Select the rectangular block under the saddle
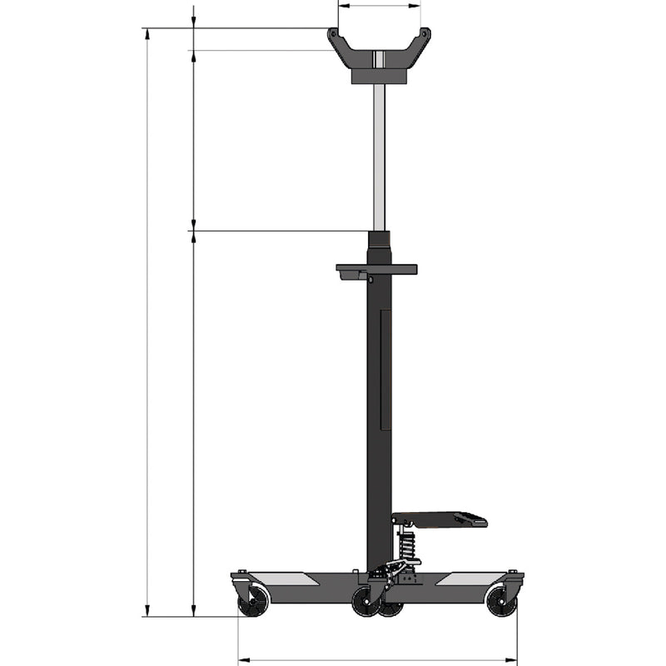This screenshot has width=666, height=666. pyautogui.click(x=379, y=76)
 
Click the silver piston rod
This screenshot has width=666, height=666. pyautogui.click(x=379, y=158)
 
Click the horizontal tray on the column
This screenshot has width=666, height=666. pyautogui.click(x=376, y=270)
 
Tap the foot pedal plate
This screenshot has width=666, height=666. pyautogui.click(x=439, y=519)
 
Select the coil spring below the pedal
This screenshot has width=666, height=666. pyautogui.click(x=407, y=546)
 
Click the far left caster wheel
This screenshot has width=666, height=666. pyautogui.click(x=253, y=602)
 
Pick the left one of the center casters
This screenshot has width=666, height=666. pyautogui.click(x=365, y=604)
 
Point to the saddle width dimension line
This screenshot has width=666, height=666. pyautogui.click(x=379, y=5)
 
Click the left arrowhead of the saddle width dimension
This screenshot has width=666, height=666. pyautogui.click(x=341, y=5)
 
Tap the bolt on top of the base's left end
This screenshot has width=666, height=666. pyautogui.click(x=241, y=572)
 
